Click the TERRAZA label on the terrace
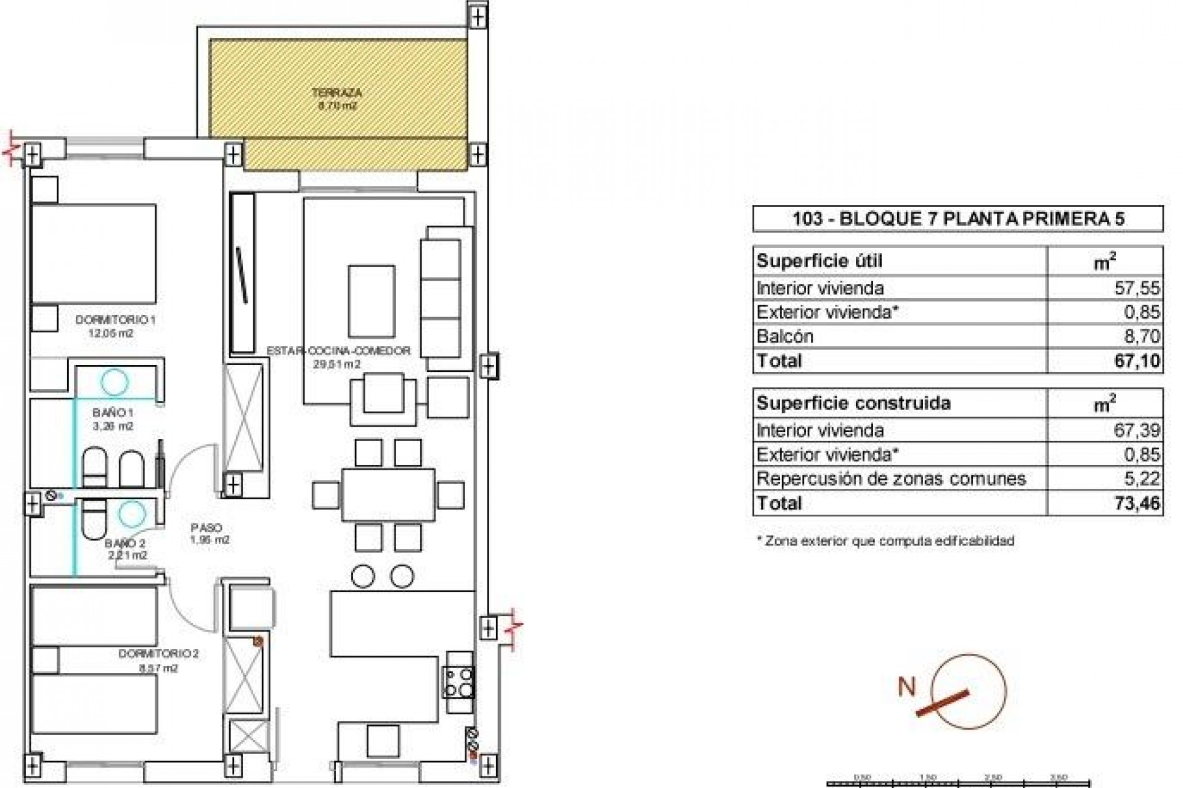[x=336, y=94]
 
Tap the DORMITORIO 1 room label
[x=115, y=320]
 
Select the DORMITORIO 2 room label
[x=158, y=654]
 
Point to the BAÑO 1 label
[x=113, y=412]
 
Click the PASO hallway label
[x=206, y=528]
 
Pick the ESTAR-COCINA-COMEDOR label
[x=338, y=351]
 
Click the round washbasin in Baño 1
[x=115, y=382]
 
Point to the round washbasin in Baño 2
[x=131, y=511]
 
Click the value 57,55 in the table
[x=1137, y=288]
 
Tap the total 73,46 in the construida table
[x=1137, y=504]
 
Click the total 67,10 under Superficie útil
[x=1137, y=361]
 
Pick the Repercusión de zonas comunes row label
[x=891, y=479]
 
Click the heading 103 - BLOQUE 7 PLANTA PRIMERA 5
[x=958, y=219]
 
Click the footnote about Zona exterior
[x=885, y=541]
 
